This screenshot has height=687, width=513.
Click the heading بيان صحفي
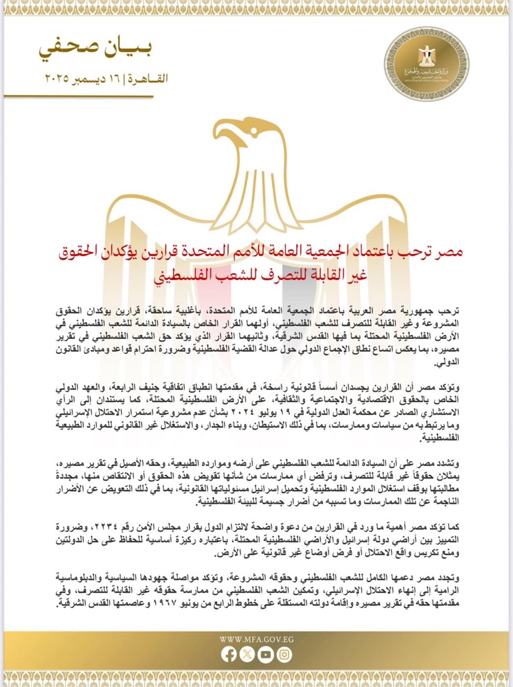(x=95, y=49)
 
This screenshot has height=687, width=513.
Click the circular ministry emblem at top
(x=426, y=64)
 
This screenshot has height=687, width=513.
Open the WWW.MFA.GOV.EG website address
(x=256, y=639)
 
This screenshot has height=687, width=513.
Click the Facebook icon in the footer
(x=229, y=654)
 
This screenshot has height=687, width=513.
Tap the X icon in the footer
(x=247, y=654)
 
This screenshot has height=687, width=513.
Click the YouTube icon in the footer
(x=266, y=654)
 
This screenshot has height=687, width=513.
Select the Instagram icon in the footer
(x=284, y=654)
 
